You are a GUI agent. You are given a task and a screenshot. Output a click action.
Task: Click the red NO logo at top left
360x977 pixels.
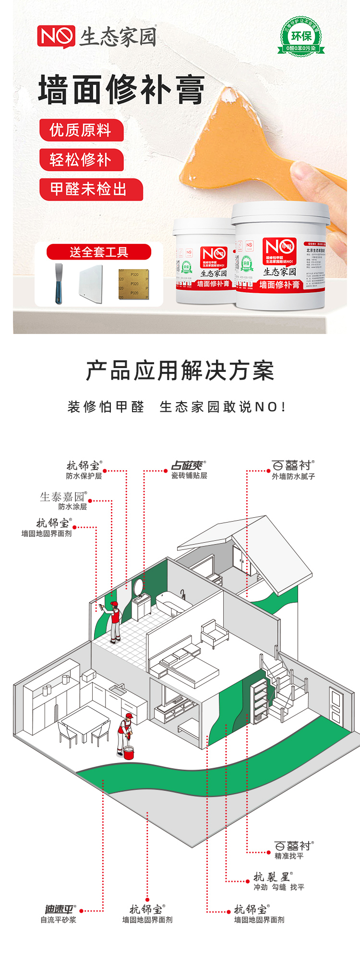tap(56, 37)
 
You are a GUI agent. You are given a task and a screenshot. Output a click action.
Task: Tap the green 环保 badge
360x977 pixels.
tap(301, 36)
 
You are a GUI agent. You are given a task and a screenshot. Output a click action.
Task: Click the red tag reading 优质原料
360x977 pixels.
tap(81, 130)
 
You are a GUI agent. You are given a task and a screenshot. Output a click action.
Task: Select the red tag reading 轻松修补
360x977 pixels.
tap(81, 160)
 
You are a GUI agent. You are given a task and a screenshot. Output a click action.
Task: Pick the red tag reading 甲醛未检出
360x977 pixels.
tap(90, 189)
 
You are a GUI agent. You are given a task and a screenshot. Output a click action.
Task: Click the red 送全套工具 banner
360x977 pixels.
tap(99, 252)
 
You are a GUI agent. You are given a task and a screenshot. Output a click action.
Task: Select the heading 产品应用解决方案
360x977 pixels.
tap(180, 371)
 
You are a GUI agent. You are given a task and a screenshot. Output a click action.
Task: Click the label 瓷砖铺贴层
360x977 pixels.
tap(189, 476)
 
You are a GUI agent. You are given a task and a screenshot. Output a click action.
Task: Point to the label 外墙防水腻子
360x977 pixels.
tap(293, 477)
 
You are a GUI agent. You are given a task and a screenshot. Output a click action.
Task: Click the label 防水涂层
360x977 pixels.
tap(72, 507)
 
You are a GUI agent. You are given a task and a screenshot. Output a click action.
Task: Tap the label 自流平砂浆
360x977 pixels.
tap(58, 919)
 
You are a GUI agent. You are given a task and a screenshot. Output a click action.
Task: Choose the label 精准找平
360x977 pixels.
tap(289, 856)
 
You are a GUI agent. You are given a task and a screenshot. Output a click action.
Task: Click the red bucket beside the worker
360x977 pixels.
tap(129, 753)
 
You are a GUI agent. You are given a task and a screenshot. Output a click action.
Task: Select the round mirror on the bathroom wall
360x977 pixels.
tap(138, 586)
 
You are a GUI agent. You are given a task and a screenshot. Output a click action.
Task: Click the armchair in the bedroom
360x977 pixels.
tap(214, 632)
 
